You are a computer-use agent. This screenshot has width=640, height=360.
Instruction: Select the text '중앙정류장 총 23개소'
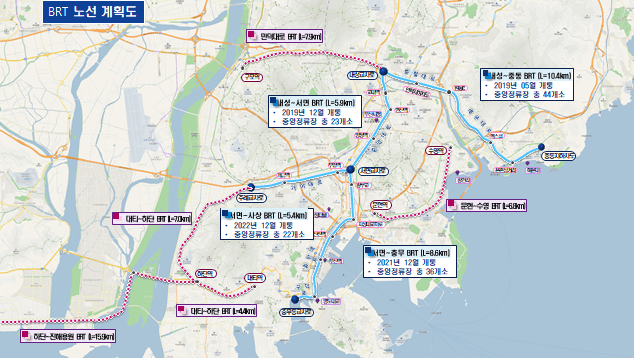(318, 124)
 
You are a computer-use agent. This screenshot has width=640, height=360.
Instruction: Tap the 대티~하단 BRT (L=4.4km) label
(219, 311)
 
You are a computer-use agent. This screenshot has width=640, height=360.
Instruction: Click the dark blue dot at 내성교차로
(381, 72)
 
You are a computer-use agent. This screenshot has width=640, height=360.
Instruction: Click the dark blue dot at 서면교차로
(350, 170)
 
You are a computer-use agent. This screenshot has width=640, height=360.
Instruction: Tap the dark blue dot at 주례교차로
(251, 187)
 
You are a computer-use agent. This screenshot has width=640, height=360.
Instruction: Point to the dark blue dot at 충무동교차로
(295, 298)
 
